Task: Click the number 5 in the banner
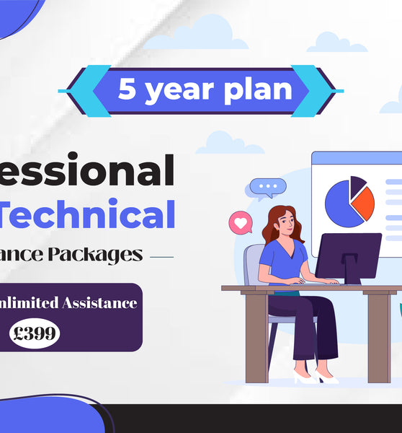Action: pyautogui.click(x=126, y=90)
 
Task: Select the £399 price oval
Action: pyautogui.click(x=35, y=333)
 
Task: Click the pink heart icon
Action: pyautogui.click(x=239, y=222)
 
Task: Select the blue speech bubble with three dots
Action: pyautogui.click(x=269, y=188)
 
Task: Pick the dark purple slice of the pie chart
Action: pyautogui.click(x=357, y=185)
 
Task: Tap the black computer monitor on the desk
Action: pyautogui.click(x=348, y=254)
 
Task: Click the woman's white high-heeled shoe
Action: pyautogui.click(x=304, y=377)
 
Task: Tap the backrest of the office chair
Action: pyautogui.click(x=253, y=263)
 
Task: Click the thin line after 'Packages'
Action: pyautogui.click(x=161, y=256)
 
